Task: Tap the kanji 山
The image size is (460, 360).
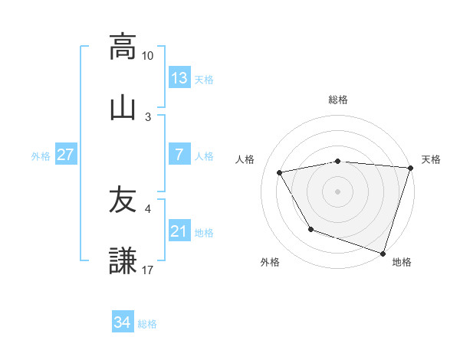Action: pos(123,106)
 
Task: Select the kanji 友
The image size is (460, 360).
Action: pos(123,200)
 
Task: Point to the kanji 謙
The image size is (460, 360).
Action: pos(123,260)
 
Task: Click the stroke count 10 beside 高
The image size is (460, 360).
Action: pos(148,56)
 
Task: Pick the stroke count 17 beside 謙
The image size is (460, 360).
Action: pos(148,270)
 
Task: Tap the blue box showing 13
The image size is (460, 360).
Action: pos(179,78)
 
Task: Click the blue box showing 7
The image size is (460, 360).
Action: pos(179,155)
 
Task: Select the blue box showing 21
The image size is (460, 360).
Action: pos(179,231)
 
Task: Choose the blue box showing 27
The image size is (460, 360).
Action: pos(65,155)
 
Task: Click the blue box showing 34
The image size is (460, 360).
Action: pos(123,322)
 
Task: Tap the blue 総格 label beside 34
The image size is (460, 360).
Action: pos(147,324)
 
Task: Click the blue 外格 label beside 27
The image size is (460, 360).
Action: pos(41,156)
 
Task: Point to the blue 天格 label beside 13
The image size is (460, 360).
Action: pos(204,80)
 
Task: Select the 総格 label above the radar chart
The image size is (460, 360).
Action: pos(338,100)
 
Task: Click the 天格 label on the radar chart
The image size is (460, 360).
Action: pos(431,159)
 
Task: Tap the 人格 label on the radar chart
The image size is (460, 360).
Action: pos(247,159)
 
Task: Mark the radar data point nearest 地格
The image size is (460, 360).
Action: pos(383,252)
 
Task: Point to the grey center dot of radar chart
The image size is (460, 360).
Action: pos(338,191)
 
